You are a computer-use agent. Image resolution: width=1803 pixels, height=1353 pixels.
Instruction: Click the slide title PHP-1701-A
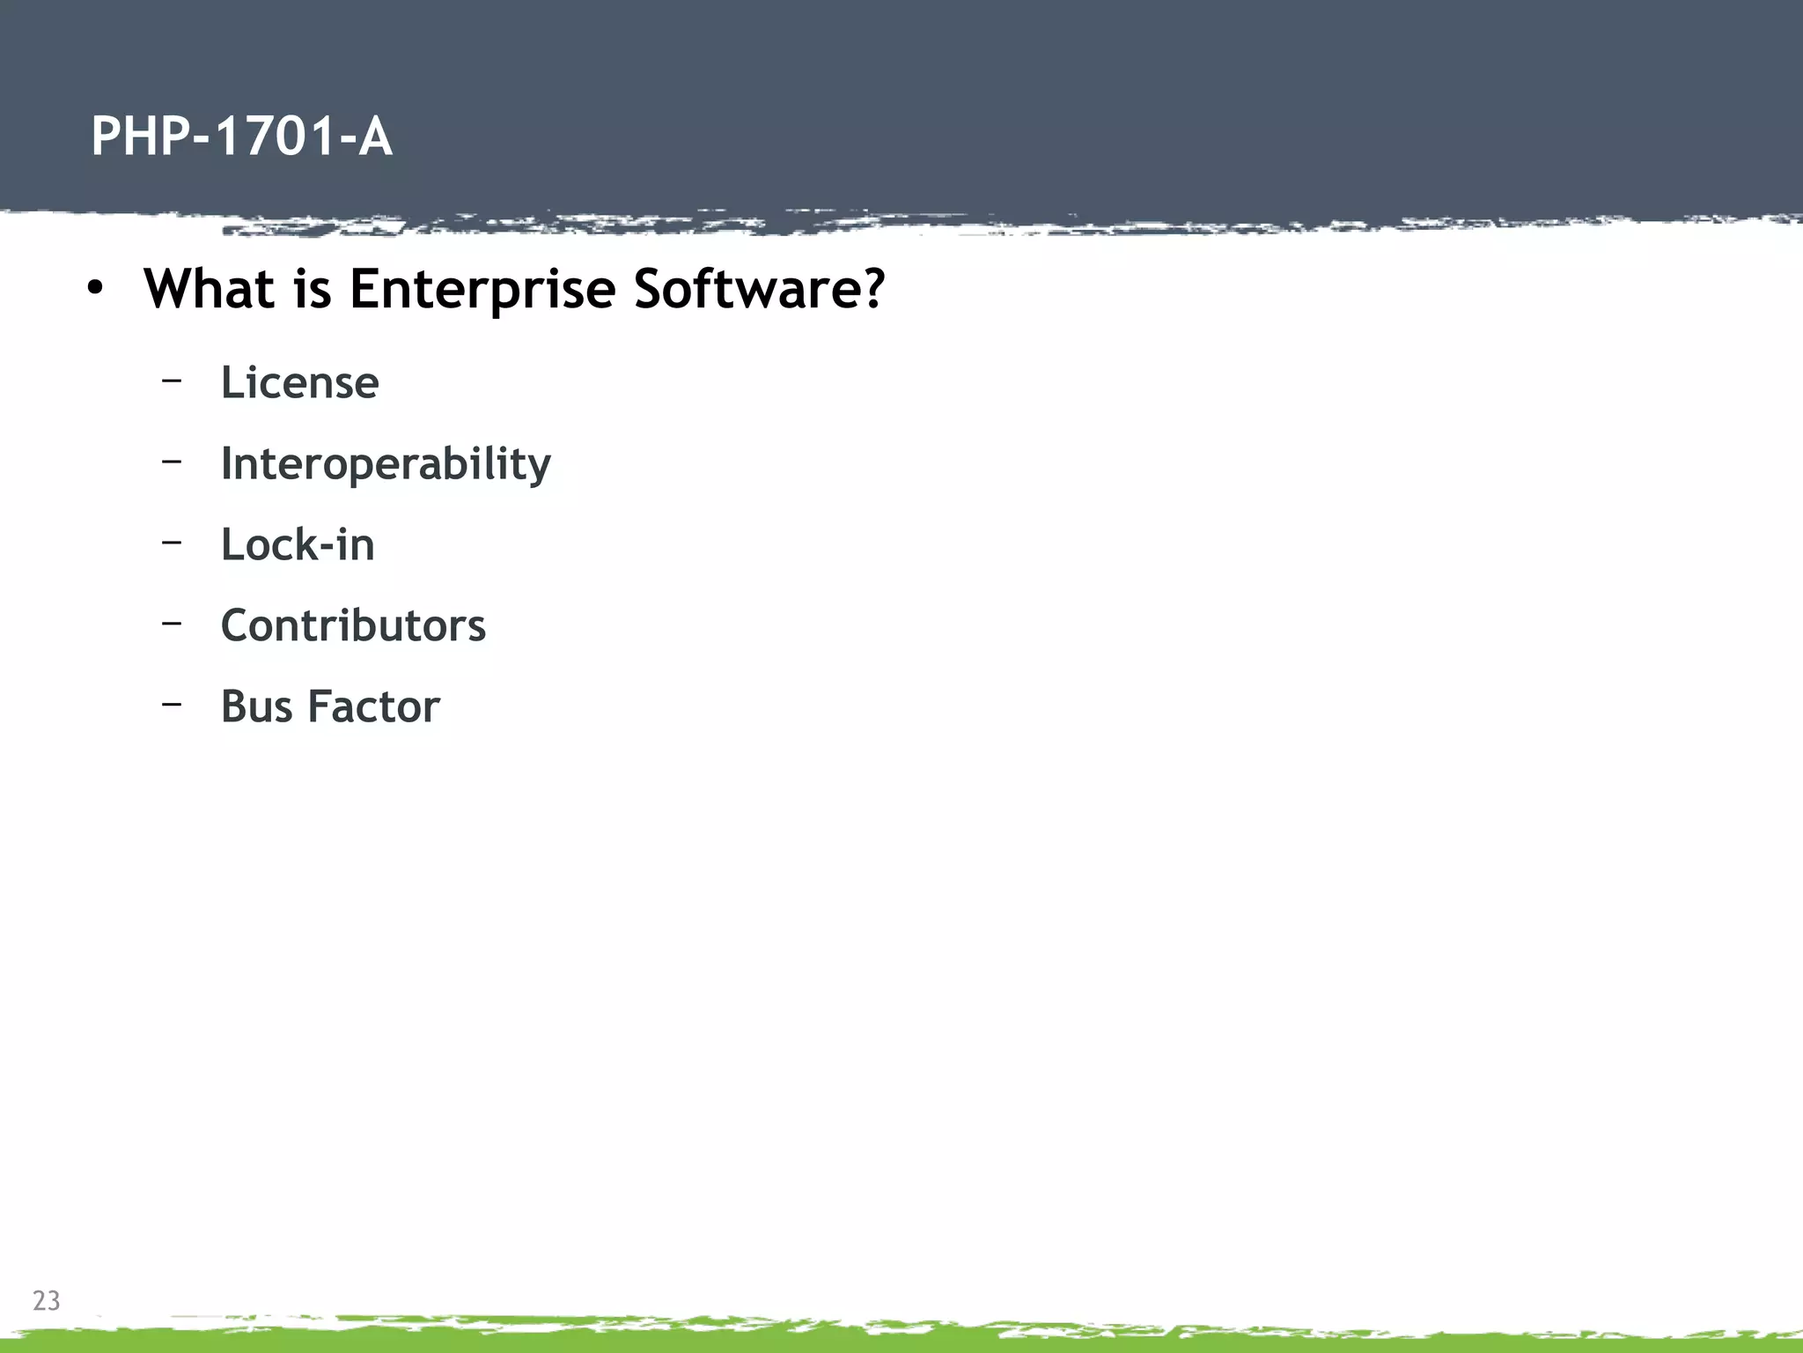(x=241, y=137)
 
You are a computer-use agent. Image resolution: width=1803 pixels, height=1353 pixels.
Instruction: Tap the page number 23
(x=46, y=1300)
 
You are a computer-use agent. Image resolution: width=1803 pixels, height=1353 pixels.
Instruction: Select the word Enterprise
(x=482, y=290)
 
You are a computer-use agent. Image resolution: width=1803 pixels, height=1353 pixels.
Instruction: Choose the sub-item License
(x=299, y=382)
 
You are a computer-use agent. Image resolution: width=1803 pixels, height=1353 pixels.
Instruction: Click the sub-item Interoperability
(x=386, y=464)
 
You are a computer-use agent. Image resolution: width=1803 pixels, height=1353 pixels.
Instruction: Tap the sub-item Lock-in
(x=298, y=544)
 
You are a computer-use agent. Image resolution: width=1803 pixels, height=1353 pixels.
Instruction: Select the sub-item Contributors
(x=353, y=625)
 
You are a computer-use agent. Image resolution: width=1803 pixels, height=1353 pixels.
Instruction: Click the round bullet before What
(x=95, y=289)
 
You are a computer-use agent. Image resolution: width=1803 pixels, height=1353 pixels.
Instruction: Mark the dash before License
(x=172, y=381)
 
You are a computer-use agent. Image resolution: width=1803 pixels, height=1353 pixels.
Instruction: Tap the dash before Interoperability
(x=172, y=461)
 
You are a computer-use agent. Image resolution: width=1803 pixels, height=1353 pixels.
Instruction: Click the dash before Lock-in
(x=172, y=542)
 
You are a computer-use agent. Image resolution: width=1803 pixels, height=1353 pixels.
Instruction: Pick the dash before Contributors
(x=172, y=623)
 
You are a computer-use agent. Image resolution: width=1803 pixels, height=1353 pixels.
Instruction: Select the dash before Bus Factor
(x=172, y=704)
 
